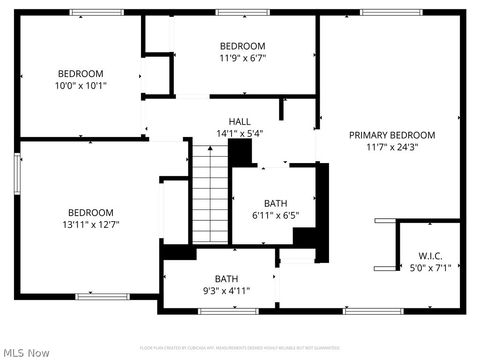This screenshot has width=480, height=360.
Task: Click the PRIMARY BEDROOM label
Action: click(x=392, y=135)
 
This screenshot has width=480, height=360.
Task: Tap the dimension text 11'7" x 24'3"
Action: click(x=392, y=147)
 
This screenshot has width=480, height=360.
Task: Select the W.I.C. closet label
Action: click(x=430, y=255)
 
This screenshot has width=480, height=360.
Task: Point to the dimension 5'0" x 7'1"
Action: click(x=430, y=267)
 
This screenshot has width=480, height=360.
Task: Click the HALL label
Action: click(x=239, y=121)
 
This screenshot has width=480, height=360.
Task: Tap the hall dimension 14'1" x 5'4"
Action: click(x=239, y=133)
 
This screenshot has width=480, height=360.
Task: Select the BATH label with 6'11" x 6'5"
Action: click(x=275, y=203)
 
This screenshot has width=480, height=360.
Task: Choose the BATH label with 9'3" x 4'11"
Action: click(x=226, y=279)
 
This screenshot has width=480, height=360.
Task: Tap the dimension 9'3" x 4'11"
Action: click(x=226, y=291)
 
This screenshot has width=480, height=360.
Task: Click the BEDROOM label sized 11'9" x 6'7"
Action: click(x=242, y=46)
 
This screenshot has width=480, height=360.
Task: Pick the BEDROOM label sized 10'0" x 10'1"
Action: click(x=80, y=73)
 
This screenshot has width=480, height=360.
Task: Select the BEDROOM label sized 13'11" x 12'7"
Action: click(x=91, y=212)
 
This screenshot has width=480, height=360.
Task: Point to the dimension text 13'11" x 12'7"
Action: click(x=91, y=224)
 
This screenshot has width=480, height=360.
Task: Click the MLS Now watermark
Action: click(x=27, y=352)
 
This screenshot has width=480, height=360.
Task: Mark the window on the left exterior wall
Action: click(x=17, y=175)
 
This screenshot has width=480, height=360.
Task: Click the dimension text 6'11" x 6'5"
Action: click(x=275, y=215)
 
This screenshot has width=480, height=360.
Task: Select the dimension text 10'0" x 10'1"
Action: click(x=80, y=85)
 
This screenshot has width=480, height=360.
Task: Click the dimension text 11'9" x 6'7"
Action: click(x=242, y=58)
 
